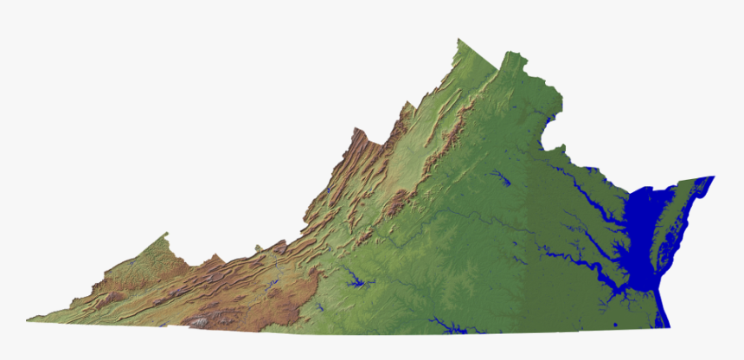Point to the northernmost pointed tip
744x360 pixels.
(x=459, y=39)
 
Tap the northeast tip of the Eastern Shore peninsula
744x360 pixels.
(x=713, y=177)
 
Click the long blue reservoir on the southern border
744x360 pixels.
(x=446, y=327)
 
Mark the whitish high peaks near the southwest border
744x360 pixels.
(x=199, y=321)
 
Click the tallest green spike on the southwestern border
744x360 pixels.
(x=166, y=233)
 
